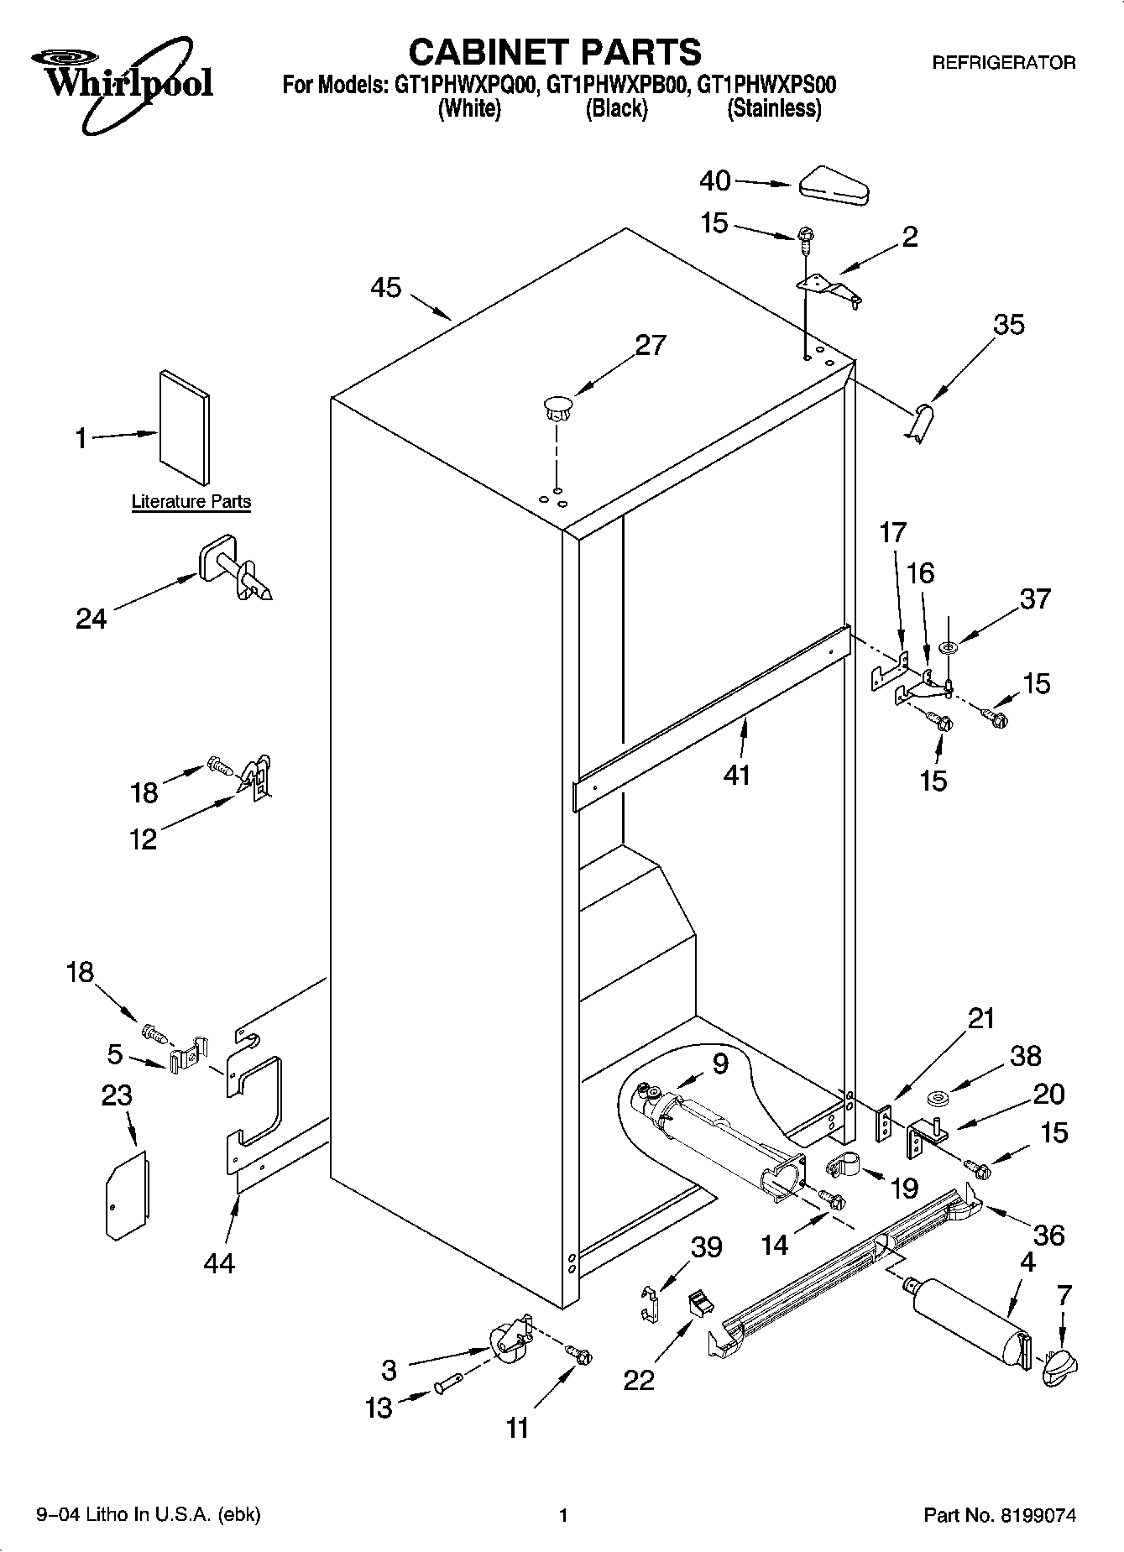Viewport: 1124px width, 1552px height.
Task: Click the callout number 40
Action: pos(715,180)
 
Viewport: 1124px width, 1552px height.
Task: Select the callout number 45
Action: pos(386,288)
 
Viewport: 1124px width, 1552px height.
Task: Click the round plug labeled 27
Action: pos(556,407)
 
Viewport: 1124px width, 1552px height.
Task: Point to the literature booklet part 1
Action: pos(184,426)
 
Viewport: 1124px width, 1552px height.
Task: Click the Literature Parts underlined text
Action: pos(191,502)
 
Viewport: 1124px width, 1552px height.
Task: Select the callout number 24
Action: pos(91,619)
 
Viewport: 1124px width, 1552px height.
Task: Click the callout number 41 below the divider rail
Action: pos(736,774)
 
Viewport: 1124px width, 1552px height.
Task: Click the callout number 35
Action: pos(1009,324)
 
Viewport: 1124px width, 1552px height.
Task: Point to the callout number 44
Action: pos(219,1262)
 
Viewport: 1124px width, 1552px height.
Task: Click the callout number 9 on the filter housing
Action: pos(720,1063)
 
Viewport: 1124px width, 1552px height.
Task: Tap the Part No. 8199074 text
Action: pos(999,1515)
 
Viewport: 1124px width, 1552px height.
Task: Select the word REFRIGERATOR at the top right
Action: pos(1004,62)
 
